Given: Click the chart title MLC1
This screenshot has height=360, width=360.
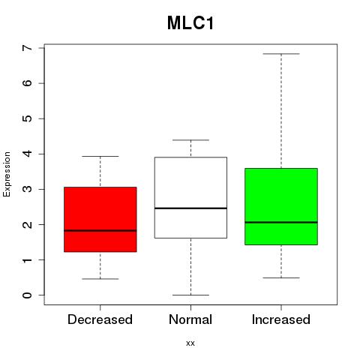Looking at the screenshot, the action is [x=190, y=23].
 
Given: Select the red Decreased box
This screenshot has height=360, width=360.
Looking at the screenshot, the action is [x=100, y=219].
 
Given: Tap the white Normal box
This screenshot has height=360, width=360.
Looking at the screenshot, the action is [x=190, y=197].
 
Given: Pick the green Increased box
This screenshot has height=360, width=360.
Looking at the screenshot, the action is [x=281, y=206].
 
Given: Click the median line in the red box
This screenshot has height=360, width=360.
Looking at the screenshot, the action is [x=100, y=230].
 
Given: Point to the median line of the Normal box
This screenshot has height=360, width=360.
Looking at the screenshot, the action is [x=190, y=208].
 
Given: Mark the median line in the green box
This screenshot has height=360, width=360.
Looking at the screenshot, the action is [x=281, y=222].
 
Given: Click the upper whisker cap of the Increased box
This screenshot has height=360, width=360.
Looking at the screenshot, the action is [x=281, y=54].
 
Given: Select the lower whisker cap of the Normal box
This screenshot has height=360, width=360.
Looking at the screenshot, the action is [x=190, y=295].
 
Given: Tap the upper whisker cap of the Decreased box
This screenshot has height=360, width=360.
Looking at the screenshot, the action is [x=100, y=157].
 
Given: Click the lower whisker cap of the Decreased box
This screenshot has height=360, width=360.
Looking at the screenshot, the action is [x=100, y=279].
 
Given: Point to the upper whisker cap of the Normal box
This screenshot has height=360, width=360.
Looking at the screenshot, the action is [x=190, y=140].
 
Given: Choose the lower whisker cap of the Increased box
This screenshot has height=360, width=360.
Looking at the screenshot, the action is [x=281, y=277].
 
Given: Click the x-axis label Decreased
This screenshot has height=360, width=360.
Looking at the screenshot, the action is [x=100, y=319].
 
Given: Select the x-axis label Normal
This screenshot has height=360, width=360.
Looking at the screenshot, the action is [x=190, y=319].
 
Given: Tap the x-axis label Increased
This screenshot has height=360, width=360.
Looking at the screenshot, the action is [x=281, y=319].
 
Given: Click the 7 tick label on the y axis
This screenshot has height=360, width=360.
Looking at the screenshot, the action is [x=28, y=48].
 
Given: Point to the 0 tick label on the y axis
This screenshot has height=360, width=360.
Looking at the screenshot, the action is [x=28, y=295].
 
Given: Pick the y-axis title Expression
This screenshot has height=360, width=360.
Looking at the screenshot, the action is [x=7, y=174].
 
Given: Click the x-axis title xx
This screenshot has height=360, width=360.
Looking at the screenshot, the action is [x=190, y=343].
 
